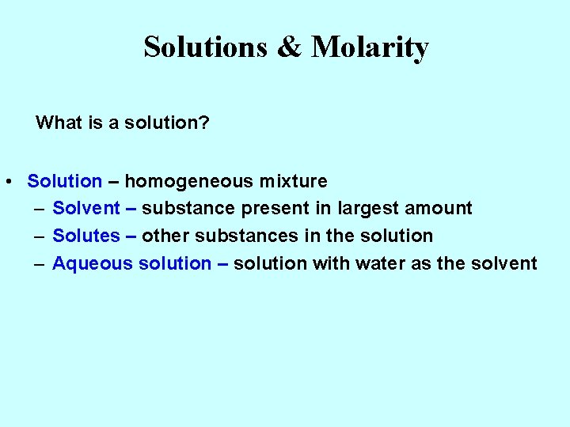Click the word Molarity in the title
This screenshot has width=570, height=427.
(x=370, y=48)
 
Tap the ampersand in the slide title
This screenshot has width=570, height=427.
(x=289, y=47)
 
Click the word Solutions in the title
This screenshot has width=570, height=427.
(x=206, y=47)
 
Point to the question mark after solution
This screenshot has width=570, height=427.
(x=205, y=123)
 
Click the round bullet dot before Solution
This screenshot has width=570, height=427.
(x=6, y=182)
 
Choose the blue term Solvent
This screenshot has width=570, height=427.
(x=86, y=209)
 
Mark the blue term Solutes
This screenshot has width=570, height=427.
(x=86, y=236)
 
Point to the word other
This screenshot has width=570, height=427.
(x=166, y=236)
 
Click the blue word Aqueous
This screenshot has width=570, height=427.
(x=93, y=263)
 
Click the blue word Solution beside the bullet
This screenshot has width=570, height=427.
(x=65, y=181)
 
